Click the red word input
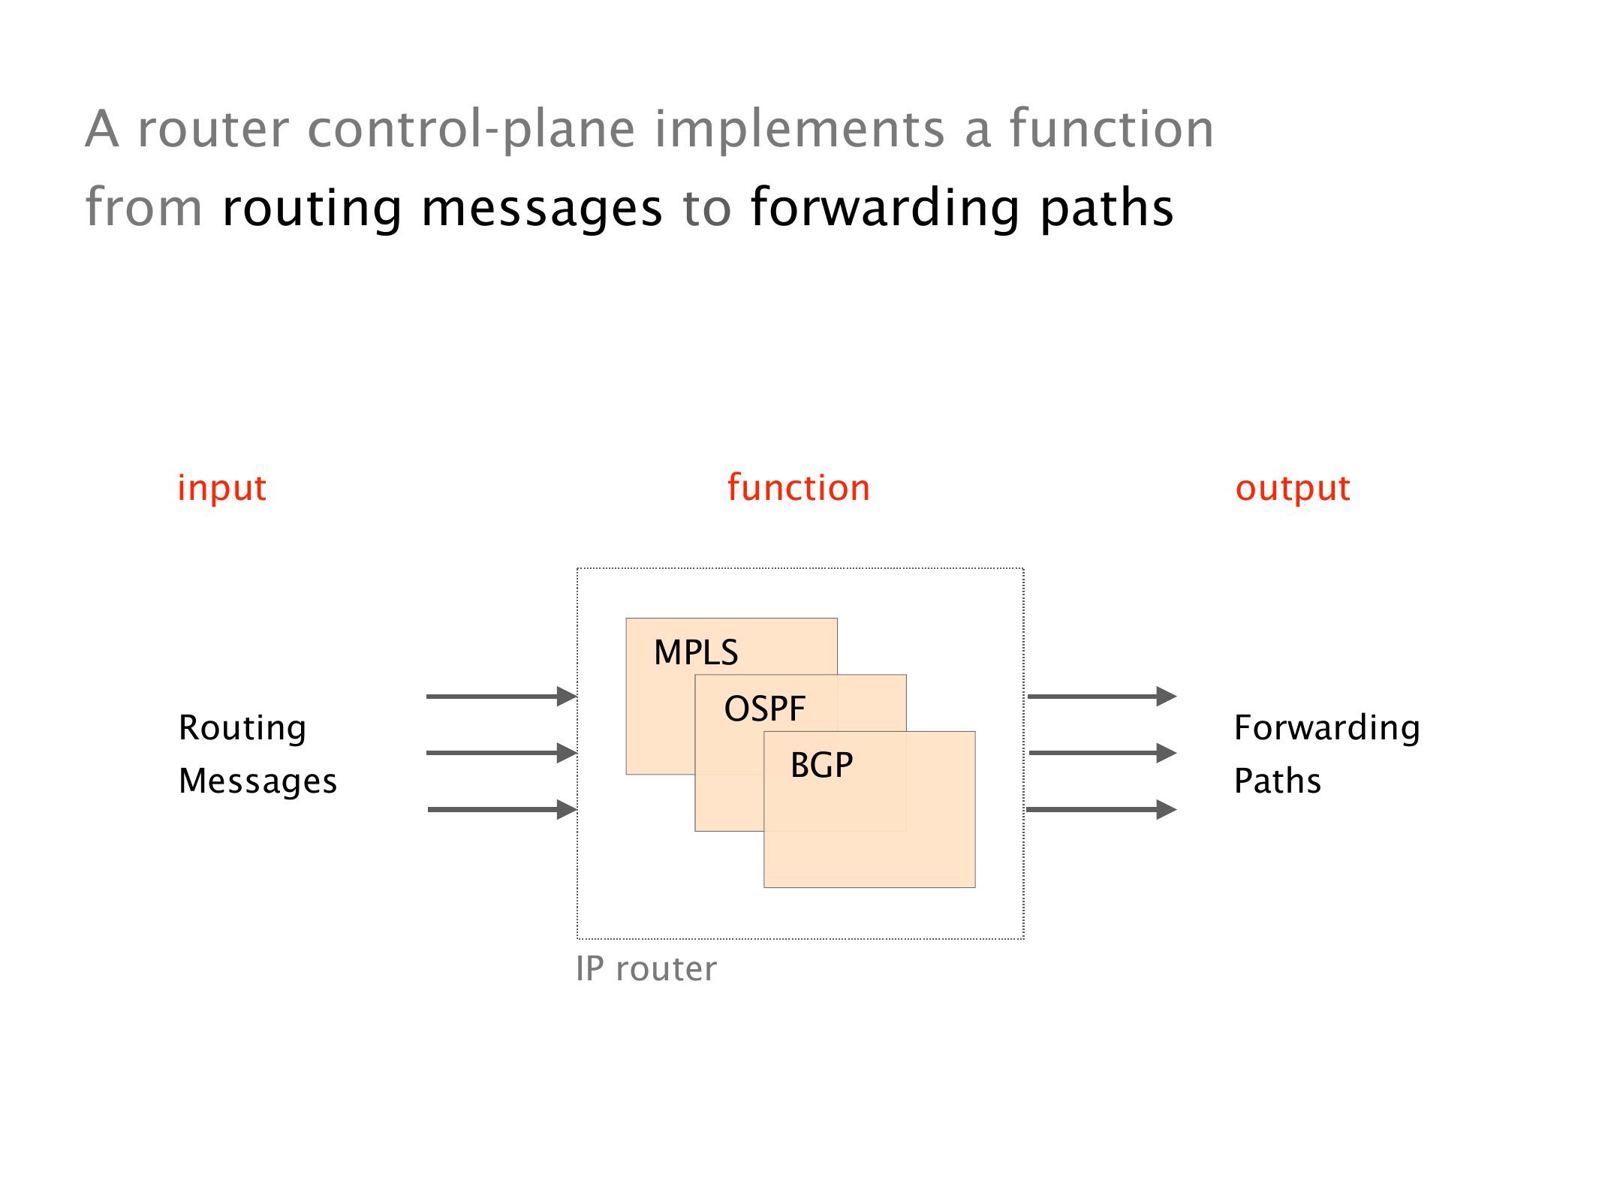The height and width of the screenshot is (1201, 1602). coord(221,489)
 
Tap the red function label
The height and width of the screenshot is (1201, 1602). coord(799,488)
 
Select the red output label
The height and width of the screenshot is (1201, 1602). coord(1293,489)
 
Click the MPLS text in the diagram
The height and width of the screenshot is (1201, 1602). coord(696,652)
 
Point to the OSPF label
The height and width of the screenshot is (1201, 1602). coord(764,709)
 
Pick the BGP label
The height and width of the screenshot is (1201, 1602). coord(821,766)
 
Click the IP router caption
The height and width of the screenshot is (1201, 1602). coord(646,968)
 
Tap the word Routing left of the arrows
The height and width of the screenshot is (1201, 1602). coord(242,728)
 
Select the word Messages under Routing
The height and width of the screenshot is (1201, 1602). coord(257,781)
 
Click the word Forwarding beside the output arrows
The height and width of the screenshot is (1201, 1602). coord(1326,728)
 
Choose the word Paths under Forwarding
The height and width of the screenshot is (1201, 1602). coord(1277,781)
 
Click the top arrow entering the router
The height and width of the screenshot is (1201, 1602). coord(501,697)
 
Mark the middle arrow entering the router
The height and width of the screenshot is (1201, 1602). coord(501,753)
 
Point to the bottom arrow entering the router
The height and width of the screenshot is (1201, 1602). coord(501,809)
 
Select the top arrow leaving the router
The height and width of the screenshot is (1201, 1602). coord(1101,697)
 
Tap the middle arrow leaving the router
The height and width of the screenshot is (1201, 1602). coord(1101,753)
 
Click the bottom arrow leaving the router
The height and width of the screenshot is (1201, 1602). coord(1101,809)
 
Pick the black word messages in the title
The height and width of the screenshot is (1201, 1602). coord(542,208)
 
